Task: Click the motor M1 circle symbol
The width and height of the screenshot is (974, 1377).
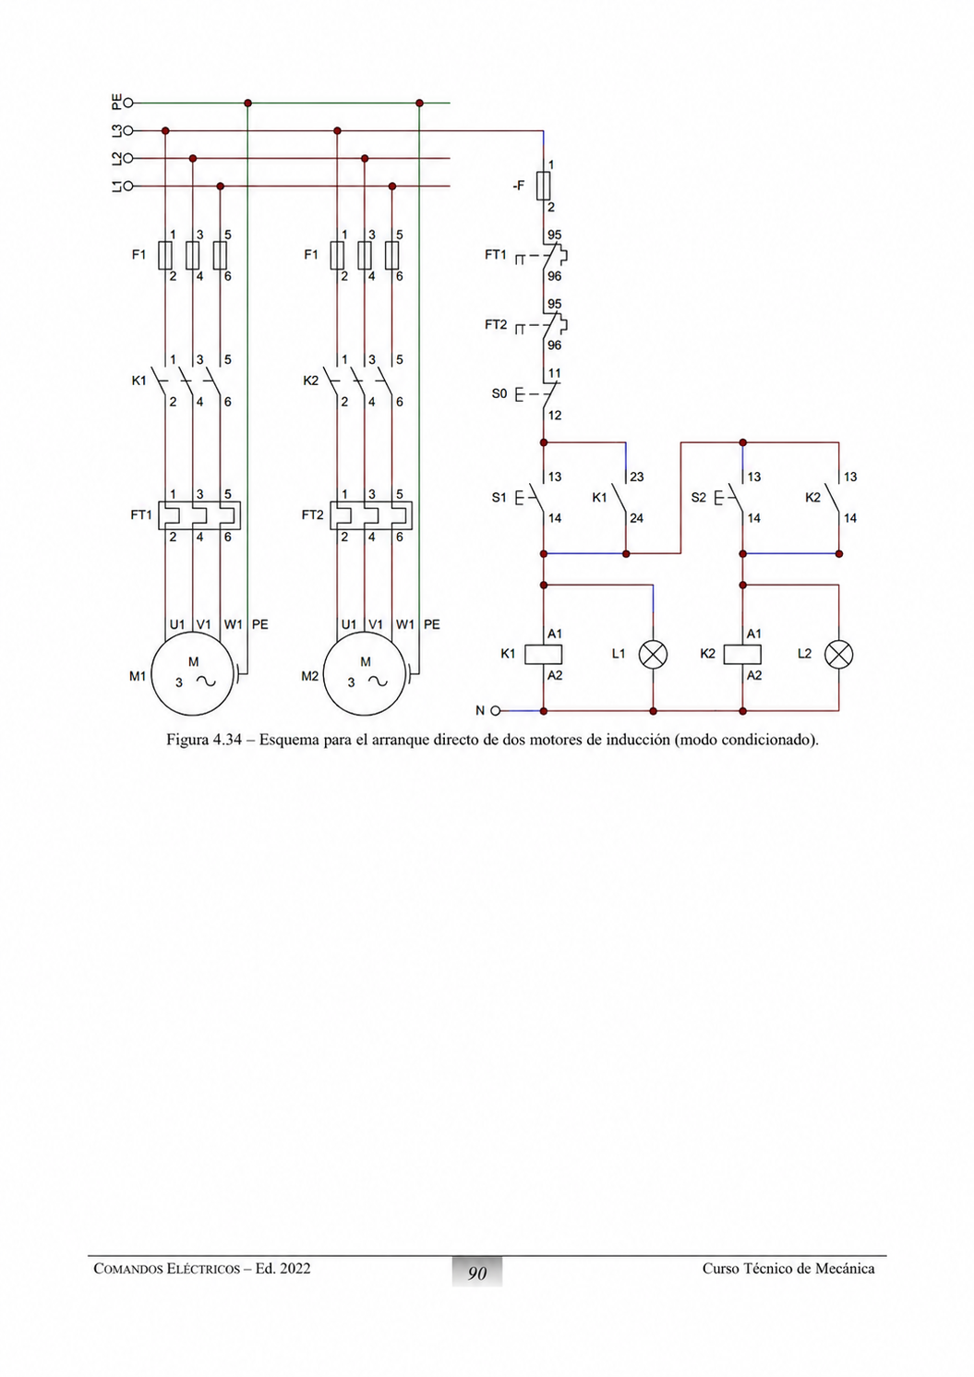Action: coord(192,634)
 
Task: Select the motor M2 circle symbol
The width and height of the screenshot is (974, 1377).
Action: coord(365,634)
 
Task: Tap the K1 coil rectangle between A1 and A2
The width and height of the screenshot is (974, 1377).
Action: coord(543,654)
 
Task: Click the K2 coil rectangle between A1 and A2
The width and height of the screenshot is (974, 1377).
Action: coord(742,654)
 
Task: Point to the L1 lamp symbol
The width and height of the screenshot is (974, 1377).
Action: coord(653,654)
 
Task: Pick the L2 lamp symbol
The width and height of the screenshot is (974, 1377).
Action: coord(839,654)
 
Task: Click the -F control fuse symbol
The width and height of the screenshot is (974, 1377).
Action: coord(543,186)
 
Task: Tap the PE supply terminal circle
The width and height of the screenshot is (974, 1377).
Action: coord(128,103)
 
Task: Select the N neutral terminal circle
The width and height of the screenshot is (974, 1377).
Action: coord(495,711)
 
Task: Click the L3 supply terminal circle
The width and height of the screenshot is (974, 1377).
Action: coord(128,131)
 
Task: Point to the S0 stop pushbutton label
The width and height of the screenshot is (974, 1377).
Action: coord(499,393)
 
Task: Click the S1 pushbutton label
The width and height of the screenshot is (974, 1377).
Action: coord(499,497)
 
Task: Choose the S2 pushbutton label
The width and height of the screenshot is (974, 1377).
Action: coord(699,497)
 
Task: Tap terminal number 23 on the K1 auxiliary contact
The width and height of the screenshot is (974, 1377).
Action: coord(637,477)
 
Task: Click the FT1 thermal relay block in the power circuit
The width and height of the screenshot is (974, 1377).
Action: coord(199,515)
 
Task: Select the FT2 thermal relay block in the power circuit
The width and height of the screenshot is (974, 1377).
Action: coord(371,515)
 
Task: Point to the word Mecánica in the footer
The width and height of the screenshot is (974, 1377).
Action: coord(845,1268)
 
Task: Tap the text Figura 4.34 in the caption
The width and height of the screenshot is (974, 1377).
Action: coord(204,740)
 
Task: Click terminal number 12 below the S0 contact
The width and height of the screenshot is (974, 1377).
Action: coord(554,416)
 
